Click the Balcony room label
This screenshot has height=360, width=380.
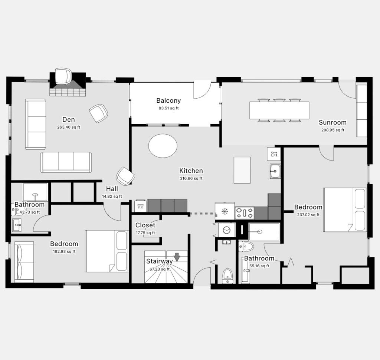pos(168,100)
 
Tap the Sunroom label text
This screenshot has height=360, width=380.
pos(332,122)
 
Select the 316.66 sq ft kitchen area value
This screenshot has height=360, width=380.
pos(191,178)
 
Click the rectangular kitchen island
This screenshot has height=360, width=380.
pos(242,170)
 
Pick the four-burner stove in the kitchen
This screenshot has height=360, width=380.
pos(245,213)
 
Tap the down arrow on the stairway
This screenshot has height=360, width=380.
pos(177,257)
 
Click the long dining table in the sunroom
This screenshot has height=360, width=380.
pos(279,110)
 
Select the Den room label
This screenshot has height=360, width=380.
pos(69,120)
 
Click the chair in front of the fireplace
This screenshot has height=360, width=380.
pos(63,76)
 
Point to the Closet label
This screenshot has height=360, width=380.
pos(145,225)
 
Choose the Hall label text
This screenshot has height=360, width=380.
pos(112,189)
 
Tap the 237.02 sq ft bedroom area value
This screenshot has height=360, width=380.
pos(308,215)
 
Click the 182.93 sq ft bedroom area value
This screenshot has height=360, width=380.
pos(64,251)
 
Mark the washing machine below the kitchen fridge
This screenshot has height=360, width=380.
pos(227,230)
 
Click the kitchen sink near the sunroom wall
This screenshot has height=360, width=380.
pos(275,171)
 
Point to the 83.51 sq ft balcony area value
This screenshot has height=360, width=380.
pos(169,108)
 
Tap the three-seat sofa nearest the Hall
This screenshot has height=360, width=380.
pos(66,162)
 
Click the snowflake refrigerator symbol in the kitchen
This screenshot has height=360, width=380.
pos(225,211)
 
